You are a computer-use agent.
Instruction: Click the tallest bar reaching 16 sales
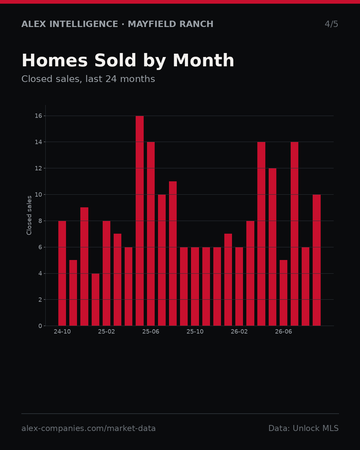(x=140, y=221)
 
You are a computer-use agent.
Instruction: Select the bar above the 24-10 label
(x=62, y=273)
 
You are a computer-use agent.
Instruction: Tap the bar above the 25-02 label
(x=106, y=273)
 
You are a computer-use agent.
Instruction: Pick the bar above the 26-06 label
(x=283, y=293)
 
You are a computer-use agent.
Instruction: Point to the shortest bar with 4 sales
(x=95, y=299)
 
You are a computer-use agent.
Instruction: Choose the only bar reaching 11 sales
(x=173, y=253)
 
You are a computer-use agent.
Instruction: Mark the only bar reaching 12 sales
(x=272, y=247)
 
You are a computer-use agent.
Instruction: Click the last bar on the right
(x=317, y=260)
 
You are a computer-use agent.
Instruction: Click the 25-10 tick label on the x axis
(x=195, y=332)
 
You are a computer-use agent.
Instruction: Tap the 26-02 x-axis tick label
(x=239, y=332)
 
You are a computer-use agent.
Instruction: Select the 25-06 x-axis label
(x=151, y=332)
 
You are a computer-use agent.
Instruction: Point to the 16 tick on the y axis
(x=38, y=116)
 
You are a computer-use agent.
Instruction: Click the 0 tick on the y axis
(x=40, y=326)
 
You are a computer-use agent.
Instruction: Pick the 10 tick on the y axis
(x=38, y=195)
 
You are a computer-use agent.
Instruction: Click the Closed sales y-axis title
(x=29, y=215)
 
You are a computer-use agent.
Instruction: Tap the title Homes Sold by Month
(x=128, y=60)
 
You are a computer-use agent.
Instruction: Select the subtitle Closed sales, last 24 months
(x=88, y=79)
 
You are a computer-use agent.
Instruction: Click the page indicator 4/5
(x=331, y=24)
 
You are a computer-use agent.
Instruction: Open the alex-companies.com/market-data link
(x=88, y=428)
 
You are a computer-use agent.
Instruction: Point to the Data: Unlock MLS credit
(x=303, y=428)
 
